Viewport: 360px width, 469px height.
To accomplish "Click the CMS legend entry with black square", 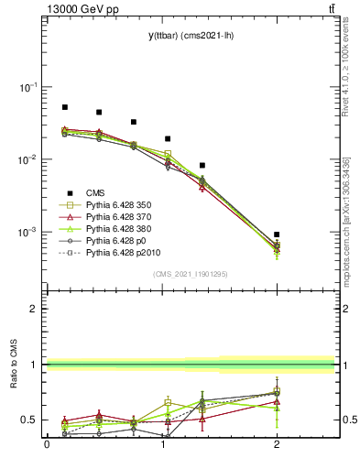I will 96,193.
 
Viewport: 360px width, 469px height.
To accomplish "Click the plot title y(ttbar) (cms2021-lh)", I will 190,36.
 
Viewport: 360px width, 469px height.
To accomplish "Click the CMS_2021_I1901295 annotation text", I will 190,274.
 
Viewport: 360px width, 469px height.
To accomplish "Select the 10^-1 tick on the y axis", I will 30,87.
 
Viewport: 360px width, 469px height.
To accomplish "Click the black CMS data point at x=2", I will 277,234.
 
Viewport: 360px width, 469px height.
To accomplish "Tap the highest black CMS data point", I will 64,107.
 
